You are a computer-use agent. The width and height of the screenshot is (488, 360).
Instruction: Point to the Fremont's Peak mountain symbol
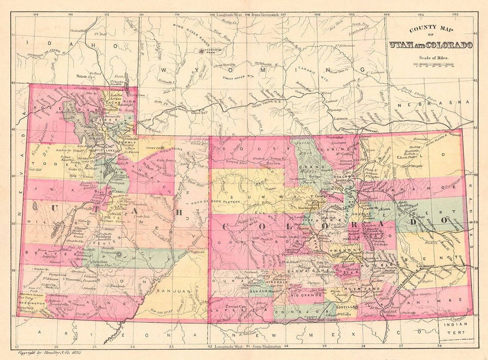point(202,51)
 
